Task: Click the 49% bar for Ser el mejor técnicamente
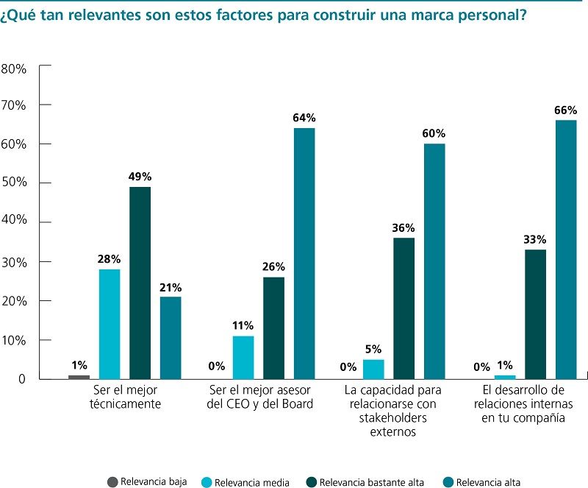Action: [140, 283]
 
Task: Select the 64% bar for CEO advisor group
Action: [304, 253]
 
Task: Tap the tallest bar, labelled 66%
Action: [565, 250]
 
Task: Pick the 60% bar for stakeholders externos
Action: [434, 261]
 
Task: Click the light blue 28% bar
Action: [110, 324]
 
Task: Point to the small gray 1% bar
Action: [79, 377]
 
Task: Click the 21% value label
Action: [171, 287]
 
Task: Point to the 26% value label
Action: [273, 267]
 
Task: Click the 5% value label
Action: [374, 349]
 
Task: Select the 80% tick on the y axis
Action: [14, 68]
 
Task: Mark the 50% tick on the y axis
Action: [14, 182]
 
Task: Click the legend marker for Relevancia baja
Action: [112, 482]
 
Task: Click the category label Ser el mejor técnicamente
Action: [127, 396]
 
